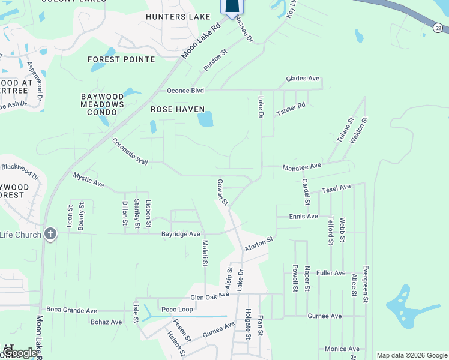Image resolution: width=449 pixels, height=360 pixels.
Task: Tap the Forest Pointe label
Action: [121, 59]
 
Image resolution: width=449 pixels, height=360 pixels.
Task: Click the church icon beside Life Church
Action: [50, 234]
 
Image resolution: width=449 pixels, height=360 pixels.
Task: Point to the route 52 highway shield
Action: [439, 28]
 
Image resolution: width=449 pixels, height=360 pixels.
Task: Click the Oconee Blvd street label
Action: [185, 91]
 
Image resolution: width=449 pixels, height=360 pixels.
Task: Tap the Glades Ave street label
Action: [303, 79]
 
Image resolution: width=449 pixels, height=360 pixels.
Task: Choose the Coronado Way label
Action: [130, 151]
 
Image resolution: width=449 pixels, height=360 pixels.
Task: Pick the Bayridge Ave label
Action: [181, 233]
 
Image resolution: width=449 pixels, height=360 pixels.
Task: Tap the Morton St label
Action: [259, 244]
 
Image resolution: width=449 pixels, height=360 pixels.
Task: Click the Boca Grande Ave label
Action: [74, 311]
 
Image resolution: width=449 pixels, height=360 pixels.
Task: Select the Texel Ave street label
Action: [336, 188]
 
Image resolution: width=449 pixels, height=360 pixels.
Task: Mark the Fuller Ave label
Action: [331, 273]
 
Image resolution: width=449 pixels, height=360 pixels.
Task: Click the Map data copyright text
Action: [411, 355]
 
